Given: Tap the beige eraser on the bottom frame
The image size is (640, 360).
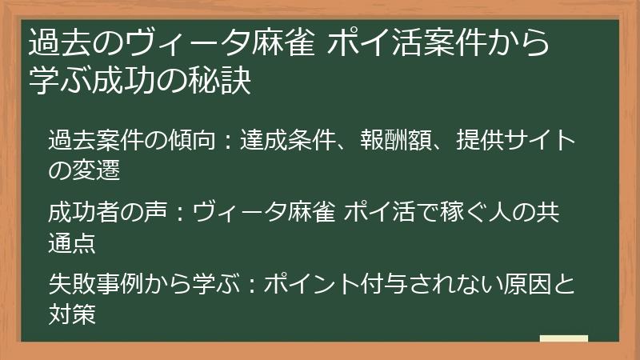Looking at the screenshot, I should click(x=563, y=340).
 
